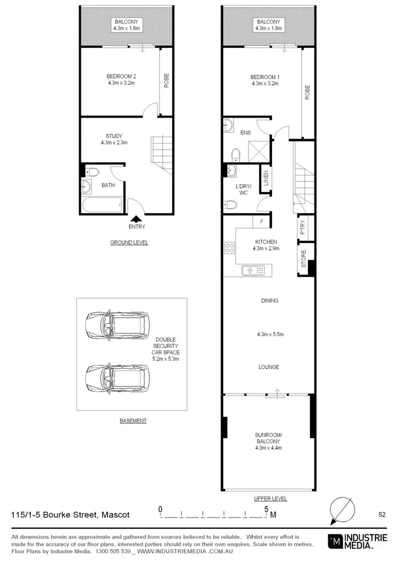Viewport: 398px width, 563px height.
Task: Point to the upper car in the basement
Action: (117, 327)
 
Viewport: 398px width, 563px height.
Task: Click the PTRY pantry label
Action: (303, 228)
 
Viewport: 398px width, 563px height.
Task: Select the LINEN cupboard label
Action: (266, 178)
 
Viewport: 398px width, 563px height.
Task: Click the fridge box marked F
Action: (261, 222)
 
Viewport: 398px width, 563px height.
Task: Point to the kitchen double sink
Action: (253, 270)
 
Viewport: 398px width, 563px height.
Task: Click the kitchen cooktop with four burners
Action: (229, 248)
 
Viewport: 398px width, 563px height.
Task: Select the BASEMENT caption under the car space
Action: (133, 421)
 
